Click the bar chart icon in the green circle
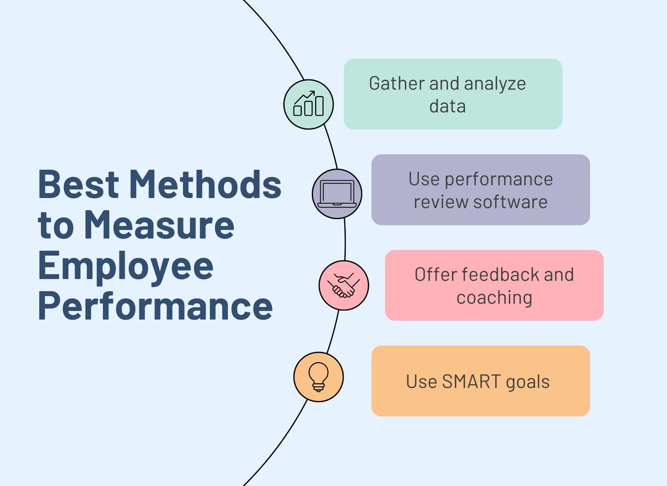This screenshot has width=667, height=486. tap(308, 104)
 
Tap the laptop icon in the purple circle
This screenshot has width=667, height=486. tap(337, 194)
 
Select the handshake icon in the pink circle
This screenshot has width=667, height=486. tap(344, 286)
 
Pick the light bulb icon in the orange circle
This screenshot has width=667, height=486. tap(318, 376)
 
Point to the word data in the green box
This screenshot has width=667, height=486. tap(447, 106)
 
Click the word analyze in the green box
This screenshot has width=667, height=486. tap(495, 84)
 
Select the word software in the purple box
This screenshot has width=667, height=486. tap(512, 201)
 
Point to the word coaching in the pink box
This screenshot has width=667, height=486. tap(494, 297)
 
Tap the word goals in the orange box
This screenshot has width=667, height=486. tap(528, 381)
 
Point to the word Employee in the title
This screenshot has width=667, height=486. tap(126, 266)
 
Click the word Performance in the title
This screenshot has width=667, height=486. tap(155, 306)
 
